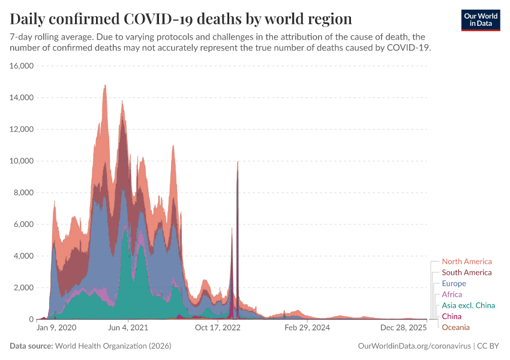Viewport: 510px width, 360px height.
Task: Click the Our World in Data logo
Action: (x=480, y=20)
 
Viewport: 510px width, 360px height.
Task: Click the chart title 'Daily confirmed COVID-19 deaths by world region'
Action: (x=181, y=18)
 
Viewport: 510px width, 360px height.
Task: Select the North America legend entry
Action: (x=466, y=262)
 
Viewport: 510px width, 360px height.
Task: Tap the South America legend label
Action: (x=466, y=272)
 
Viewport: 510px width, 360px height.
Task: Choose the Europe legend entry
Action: (x=454, y=283)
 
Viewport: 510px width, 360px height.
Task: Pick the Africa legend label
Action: (x=452, y=295)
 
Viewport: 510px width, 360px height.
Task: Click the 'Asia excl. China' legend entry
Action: (x=468, y=305)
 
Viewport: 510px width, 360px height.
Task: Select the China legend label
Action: (x=451, y=316)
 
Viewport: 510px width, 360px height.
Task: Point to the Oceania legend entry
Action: (x=455, y=327)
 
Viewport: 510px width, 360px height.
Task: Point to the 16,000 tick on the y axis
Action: (x=22, y=66)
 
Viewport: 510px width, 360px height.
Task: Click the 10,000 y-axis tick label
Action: (x=22, y=161)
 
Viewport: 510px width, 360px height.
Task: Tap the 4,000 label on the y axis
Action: (x=23, y=256)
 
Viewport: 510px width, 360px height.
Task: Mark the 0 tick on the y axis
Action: (x=31, y=319)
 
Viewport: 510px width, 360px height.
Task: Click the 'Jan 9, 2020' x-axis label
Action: (x=56, y=328)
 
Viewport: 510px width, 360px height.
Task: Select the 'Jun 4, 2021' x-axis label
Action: (x=127, y=328)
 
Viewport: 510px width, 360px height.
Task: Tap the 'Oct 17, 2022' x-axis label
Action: (x=217, y=328)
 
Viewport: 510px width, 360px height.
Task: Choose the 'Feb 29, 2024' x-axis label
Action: (x=307, y=328)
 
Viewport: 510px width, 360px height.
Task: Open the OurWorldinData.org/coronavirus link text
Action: (x=414, y=346)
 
